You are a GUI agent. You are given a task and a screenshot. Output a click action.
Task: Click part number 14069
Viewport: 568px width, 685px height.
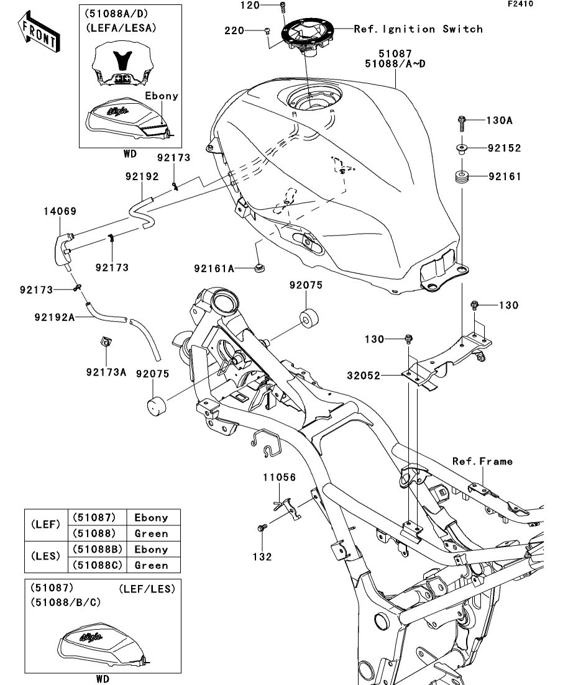60,211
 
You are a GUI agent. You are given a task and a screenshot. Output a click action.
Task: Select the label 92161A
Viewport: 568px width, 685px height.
214,268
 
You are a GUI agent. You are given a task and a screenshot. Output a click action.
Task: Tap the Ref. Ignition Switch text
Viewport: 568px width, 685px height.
418,29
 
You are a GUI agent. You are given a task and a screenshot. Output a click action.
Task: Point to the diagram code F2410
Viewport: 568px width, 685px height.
520,4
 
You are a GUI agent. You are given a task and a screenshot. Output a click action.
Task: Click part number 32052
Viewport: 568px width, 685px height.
364,376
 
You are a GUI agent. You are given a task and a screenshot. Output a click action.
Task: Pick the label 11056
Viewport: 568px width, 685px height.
279,478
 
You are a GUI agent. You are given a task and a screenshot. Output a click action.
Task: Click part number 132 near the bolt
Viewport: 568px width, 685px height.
262,556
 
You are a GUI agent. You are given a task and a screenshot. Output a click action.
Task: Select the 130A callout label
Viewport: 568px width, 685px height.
500,120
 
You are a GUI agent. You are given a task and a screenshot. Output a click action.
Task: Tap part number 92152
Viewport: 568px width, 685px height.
504,148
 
